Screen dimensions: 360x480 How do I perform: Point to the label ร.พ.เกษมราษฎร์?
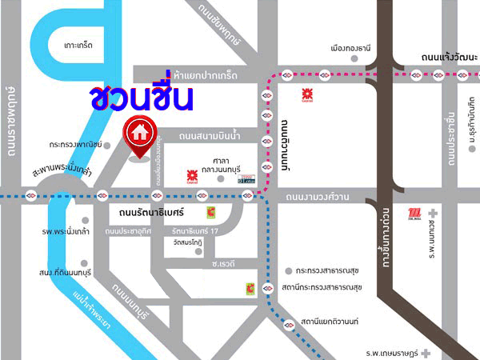(393, 351)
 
